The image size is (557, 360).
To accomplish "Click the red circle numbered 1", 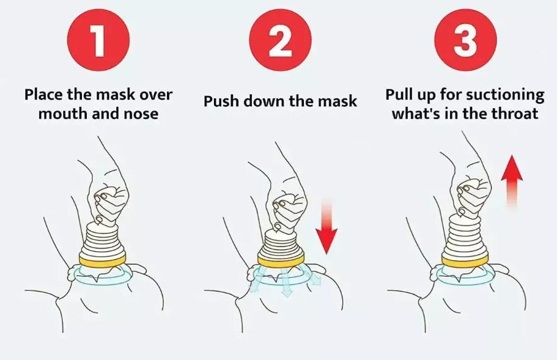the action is [x=98, y=39].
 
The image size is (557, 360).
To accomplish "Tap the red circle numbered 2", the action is [x=280, y=39].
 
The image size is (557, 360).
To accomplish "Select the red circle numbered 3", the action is [x=466, y=39].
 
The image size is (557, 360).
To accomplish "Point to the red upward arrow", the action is [x=512, y=181].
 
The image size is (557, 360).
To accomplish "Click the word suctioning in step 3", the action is [x=505, y=95].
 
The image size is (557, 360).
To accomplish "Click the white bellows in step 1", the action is [x=102, y=238].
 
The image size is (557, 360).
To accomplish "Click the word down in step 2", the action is [x=264, y=101].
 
